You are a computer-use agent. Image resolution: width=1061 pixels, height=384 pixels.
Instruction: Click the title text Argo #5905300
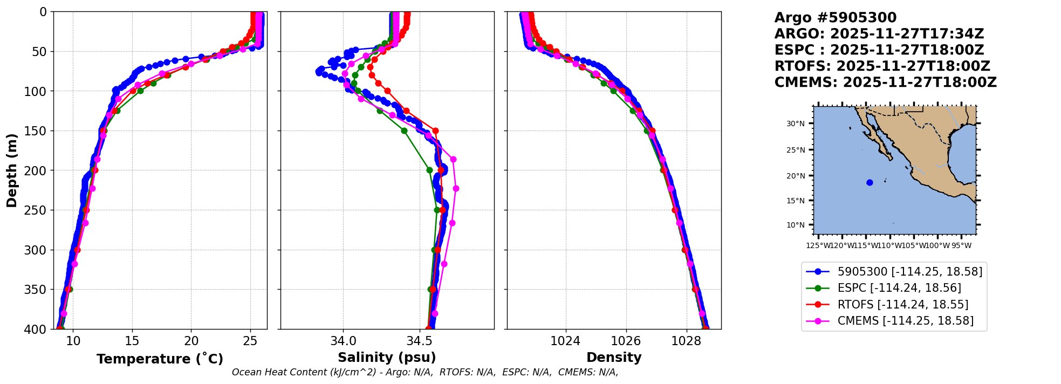pyautogui.click(x=835, y=18)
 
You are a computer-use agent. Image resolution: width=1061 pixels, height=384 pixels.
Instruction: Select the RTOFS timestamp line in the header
pyautogui.click(x=882, y=66)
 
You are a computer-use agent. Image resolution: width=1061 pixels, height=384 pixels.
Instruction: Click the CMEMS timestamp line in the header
pyautogui.click(x=885, y=83)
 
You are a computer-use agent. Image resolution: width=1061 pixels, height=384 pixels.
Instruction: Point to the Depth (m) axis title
pyautogui.click(x=12, y=170)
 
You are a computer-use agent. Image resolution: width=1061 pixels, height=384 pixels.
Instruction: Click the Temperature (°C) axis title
pyautogui.click(x=160, y=359)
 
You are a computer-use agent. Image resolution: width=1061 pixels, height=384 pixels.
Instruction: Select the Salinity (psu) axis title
pyautogui.click(x=387, y=358)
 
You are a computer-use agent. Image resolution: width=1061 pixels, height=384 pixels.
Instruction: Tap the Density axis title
pyautogui.click(x=614, y=358)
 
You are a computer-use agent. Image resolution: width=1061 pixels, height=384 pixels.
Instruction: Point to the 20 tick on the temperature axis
pyautogui.click(x=191, y=341)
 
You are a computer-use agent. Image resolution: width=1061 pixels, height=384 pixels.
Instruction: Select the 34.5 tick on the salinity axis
pyautogui.click(x=419, y=341)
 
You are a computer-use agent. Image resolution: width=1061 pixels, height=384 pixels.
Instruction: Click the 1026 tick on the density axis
pyautogui.click(x=626, y=341)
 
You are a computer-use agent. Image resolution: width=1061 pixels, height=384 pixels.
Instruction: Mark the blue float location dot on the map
pyautogui.click(x=870, y=182)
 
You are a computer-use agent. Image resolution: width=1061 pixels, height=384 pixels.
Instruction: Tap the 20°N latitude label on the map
pyautogui.click(x=795, y=176)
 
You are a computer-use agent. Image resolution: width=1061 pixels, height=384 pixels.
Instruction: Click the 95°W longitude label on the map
pyautogui.click(x=961, y=246)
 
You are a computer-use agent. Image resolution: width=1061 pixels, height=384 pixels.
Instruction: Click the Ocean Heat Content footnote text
pyautogui.click(x=425, y=372)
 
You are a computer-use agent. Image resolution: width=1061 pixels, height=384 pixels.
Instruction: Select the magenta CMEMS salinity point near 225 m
pyautogui.click(x=456, y=188)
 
